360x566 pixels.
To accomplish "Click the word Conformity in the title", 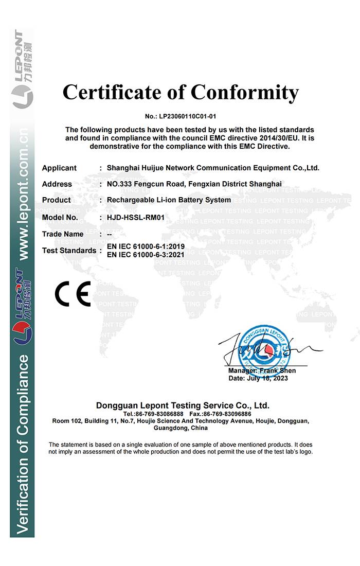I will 244,93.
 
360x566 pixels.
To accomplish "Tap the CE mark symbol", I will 73,294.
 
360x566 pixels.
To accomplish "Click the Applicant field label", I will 59,168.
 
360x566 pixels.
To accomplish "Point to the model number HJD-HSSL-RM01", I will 135,217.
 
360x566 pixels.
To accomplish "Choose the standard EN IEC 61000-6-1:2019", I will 146,246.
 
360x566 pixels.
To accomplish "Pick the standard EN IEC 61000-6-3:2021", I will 146,254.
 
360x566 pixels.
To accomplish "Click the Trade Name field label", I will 63,234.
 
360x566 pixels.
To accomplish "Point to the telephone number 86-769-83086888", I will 159,414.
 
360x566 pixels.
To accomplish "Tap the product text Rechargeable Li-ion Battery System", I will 169,200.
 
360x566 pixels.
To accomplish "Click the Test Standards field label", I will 69,251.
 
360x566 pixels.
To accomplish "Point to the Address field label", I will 57,184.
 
